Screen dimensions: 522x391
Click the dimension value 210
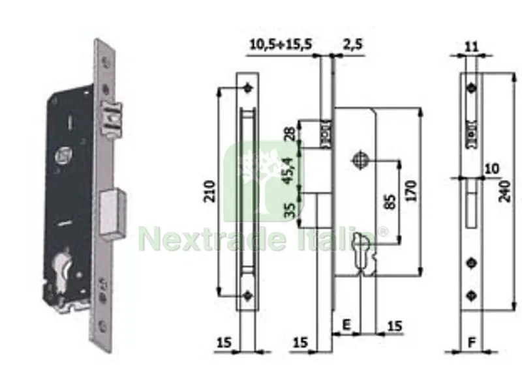tap(210, 191)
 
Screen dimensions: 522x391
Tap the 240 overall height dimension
tap(505, 191)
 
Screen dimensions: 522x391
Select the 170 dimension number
tap(412, 191)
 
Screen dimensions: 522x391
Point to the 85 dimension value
tap(391, 202)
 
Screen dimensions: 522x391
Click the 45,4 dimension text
tap(288, 170)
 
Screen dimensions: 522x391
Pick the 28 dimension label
tap(290, 134)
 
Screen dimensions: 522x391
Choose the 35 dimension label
tap(290, 210)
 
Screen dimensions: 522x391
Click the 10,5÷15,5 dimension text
tap(281, 44)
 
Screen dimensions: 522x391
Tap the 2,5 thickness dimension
tap(352, 44)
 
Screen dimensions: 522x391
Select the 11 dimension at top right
tap(470, 46)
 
